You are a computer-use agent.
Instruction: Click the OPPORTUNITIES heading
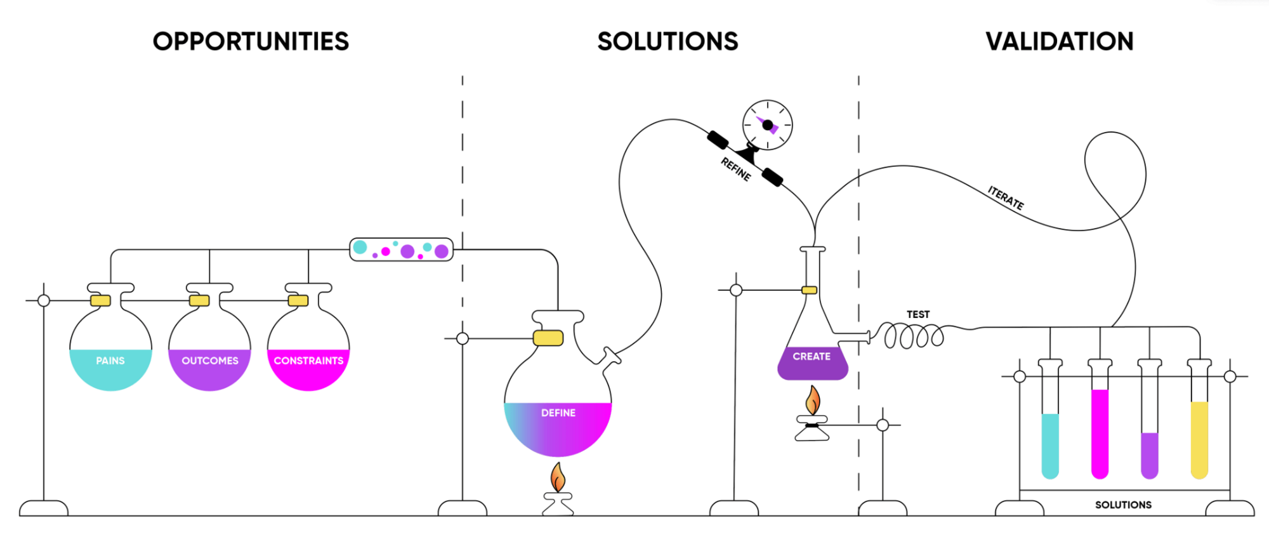[x=251, y=42]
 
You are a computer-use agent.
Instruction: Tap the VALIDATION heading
[x=1059, y=42]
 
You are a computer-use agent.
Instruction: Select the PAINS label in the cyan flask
[x=110, y=361]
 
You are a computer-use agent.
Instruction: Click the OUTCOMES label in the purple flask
[x=210, y=361]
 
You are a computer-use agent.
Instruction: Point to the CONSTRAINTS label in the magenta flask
[x=308, y=361]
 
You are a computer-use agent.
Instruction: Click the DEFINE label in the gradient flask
[x=558, y=413]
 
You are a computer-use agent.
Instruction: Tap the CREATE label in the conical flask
[x=812, y=357]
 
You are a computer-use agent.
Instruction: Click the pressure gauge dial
[x=768, y=125]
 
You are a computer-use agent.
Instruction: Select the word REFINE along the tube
[x=736, y=169]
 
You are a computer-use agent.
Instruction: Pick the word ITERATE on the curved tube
[x=1006, y=198]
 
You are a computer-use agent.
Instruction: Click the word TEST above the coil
[x=918, y=314]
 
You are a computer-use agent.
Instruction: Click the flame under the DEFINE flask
[x=558, y=477]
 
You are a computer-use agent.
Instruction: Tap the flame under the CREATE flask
[x=813, y=401]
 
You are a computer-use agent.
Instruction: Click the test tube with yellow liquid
[x=1199, y=438]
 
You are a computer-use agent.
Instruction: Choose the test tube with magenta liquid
[x=1100, y=432]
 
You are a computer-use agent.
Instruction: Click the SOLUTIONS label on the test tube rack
[x=1123, y=505]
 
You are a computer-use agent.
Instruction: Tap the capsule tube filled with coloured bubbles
[x=401, y=249]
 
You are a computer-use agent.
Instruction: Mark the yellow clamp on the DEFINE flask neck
[x=548, y=338]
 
